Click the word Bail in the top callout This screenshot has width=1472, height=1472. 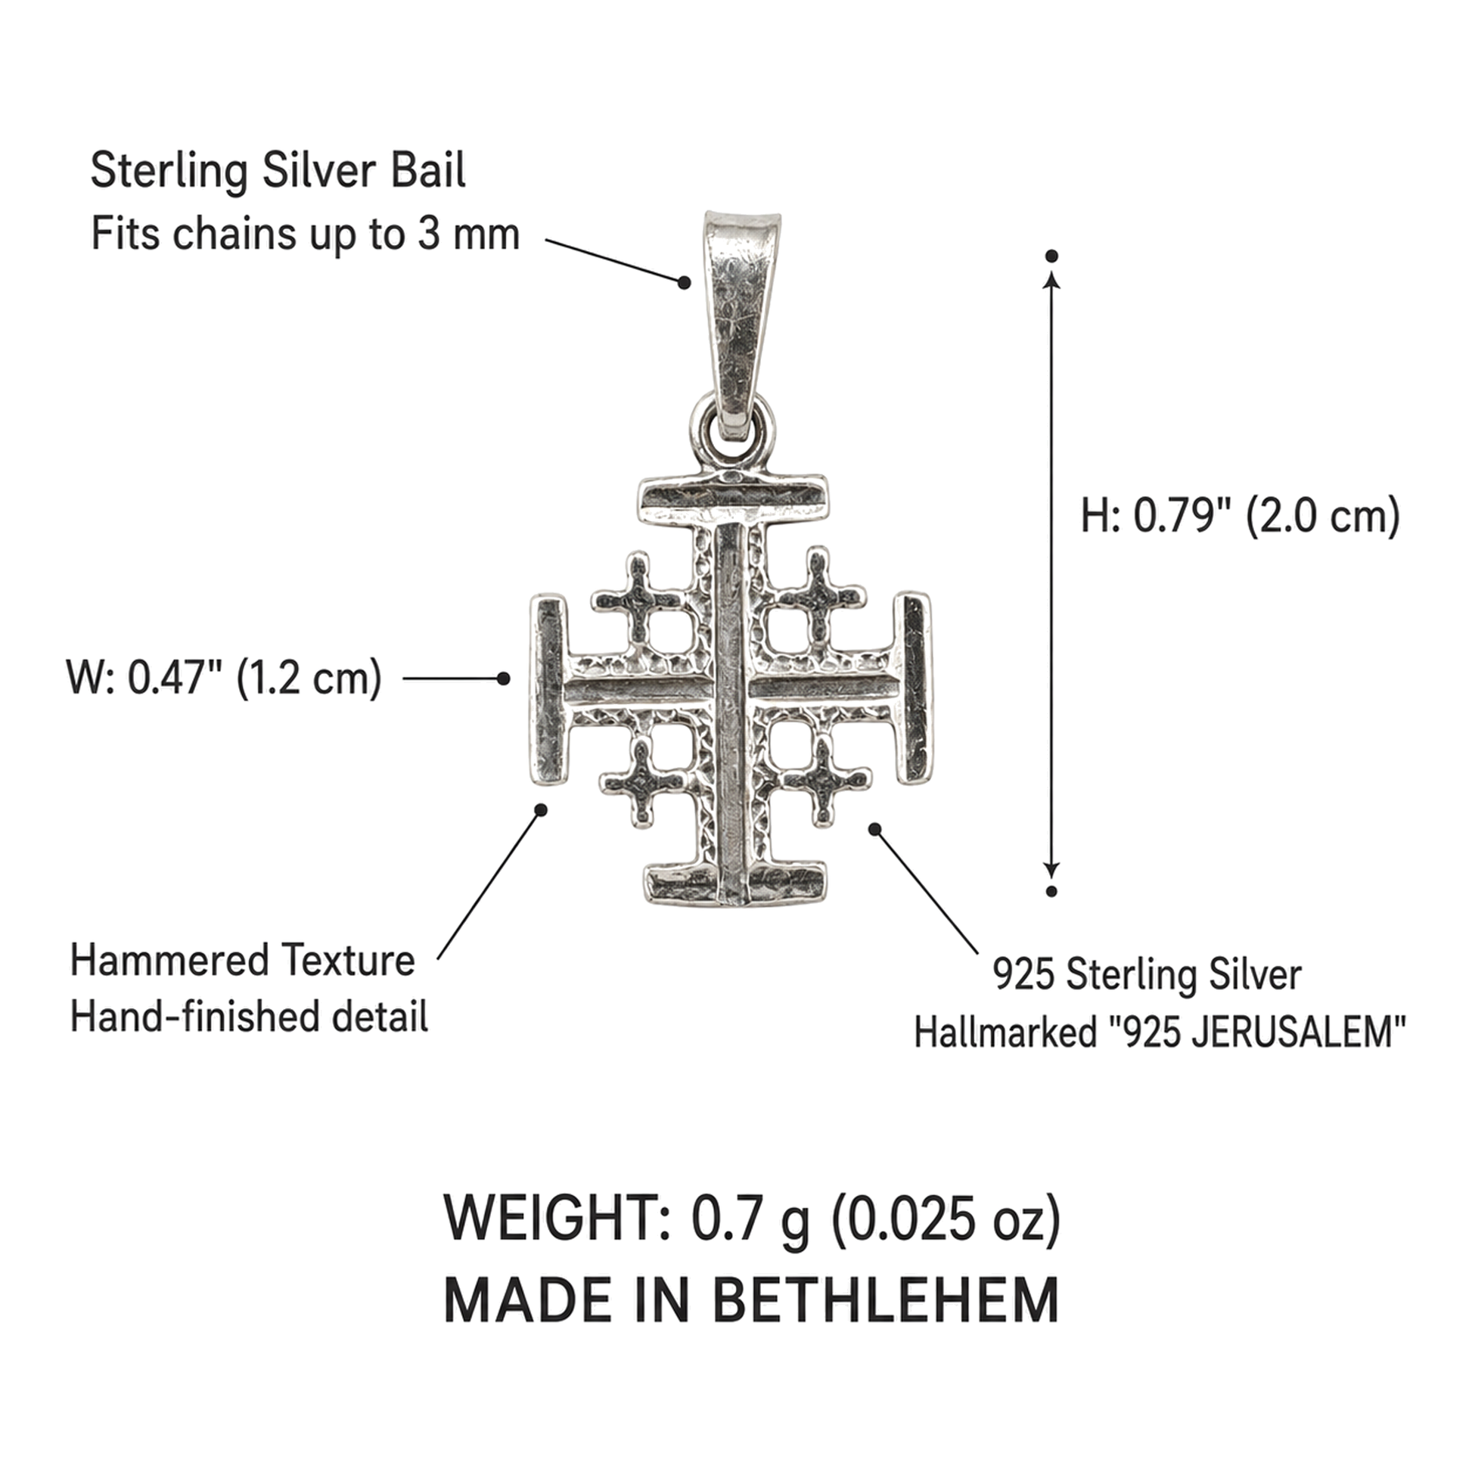point(427,171)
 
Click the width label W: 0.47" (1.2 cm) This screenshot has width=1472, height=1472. point(224,677)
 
